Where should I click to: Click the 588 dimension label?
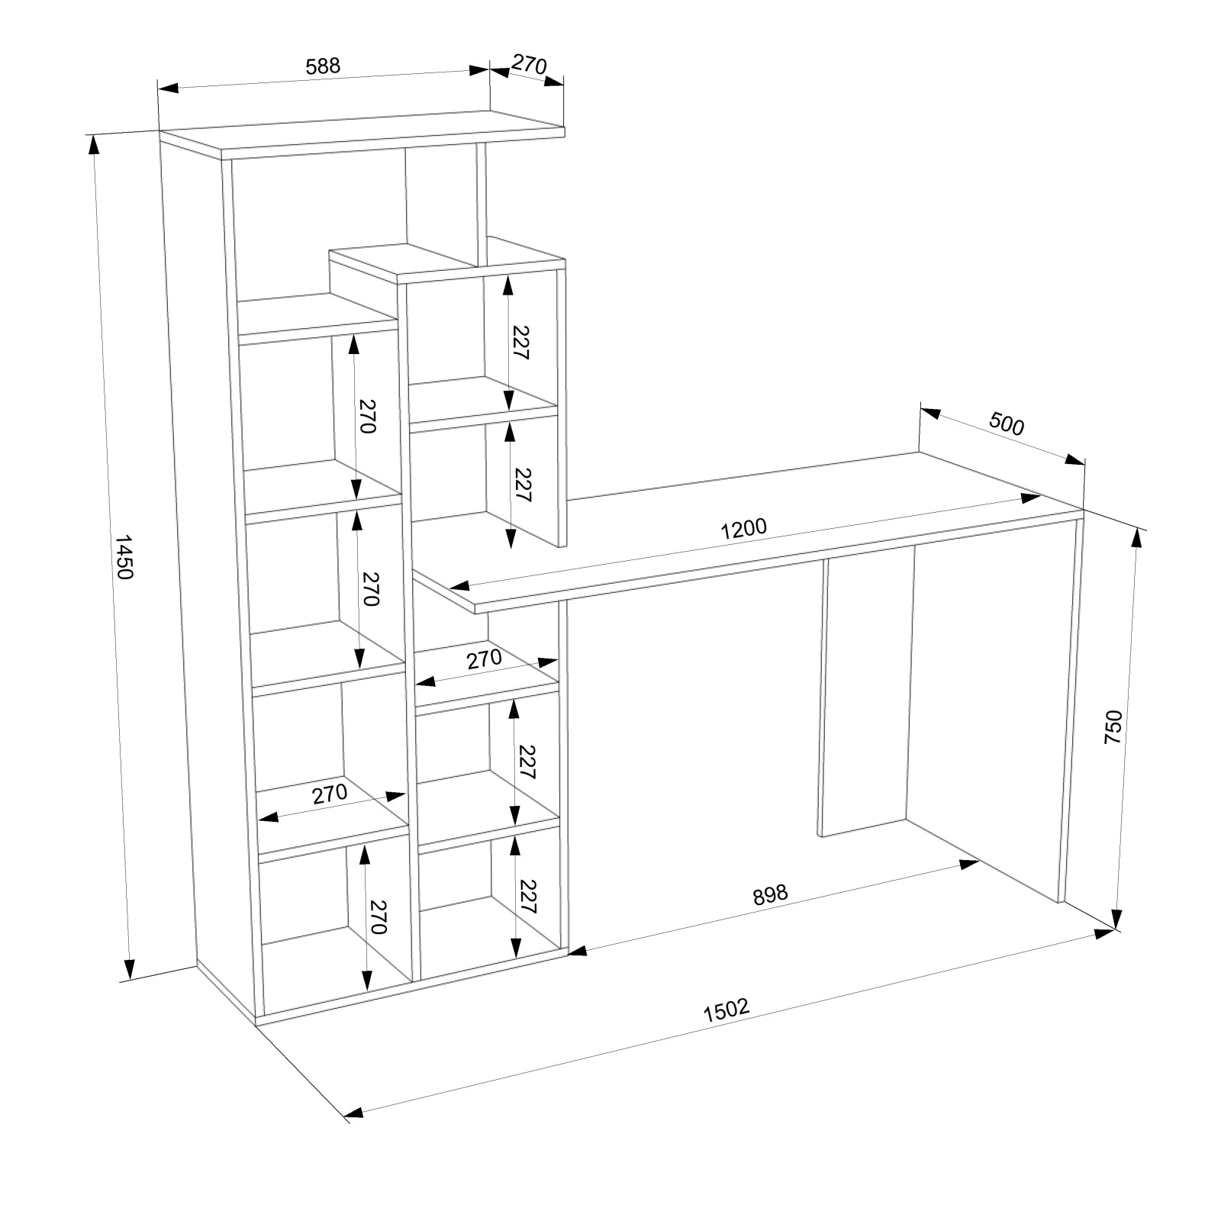[x=323, y=66]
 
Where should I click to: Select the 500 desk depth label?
[x=1007, y=424]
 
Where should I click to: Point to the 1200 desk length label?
[x=743, y=528]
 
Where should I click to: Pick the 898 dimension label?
[x=769, y=895]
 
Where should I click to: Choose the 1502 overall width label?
[x=726, y=1010]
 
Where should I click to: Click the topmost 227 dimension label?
[x=521, y=343]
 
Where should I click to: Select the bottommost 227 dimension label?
[x=528, y=897]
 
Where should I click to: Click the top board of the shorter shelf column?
[x=446, y=263]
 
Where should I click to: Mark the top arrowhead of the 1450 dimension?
[x=94, y=144]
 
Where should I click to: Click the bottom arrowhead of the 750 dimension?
[x=1118, y=919]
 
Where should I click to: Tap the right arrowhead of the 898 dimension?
[x=969, y=864]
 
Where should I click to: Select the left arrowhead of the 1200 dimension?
[x=460, y=586]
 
